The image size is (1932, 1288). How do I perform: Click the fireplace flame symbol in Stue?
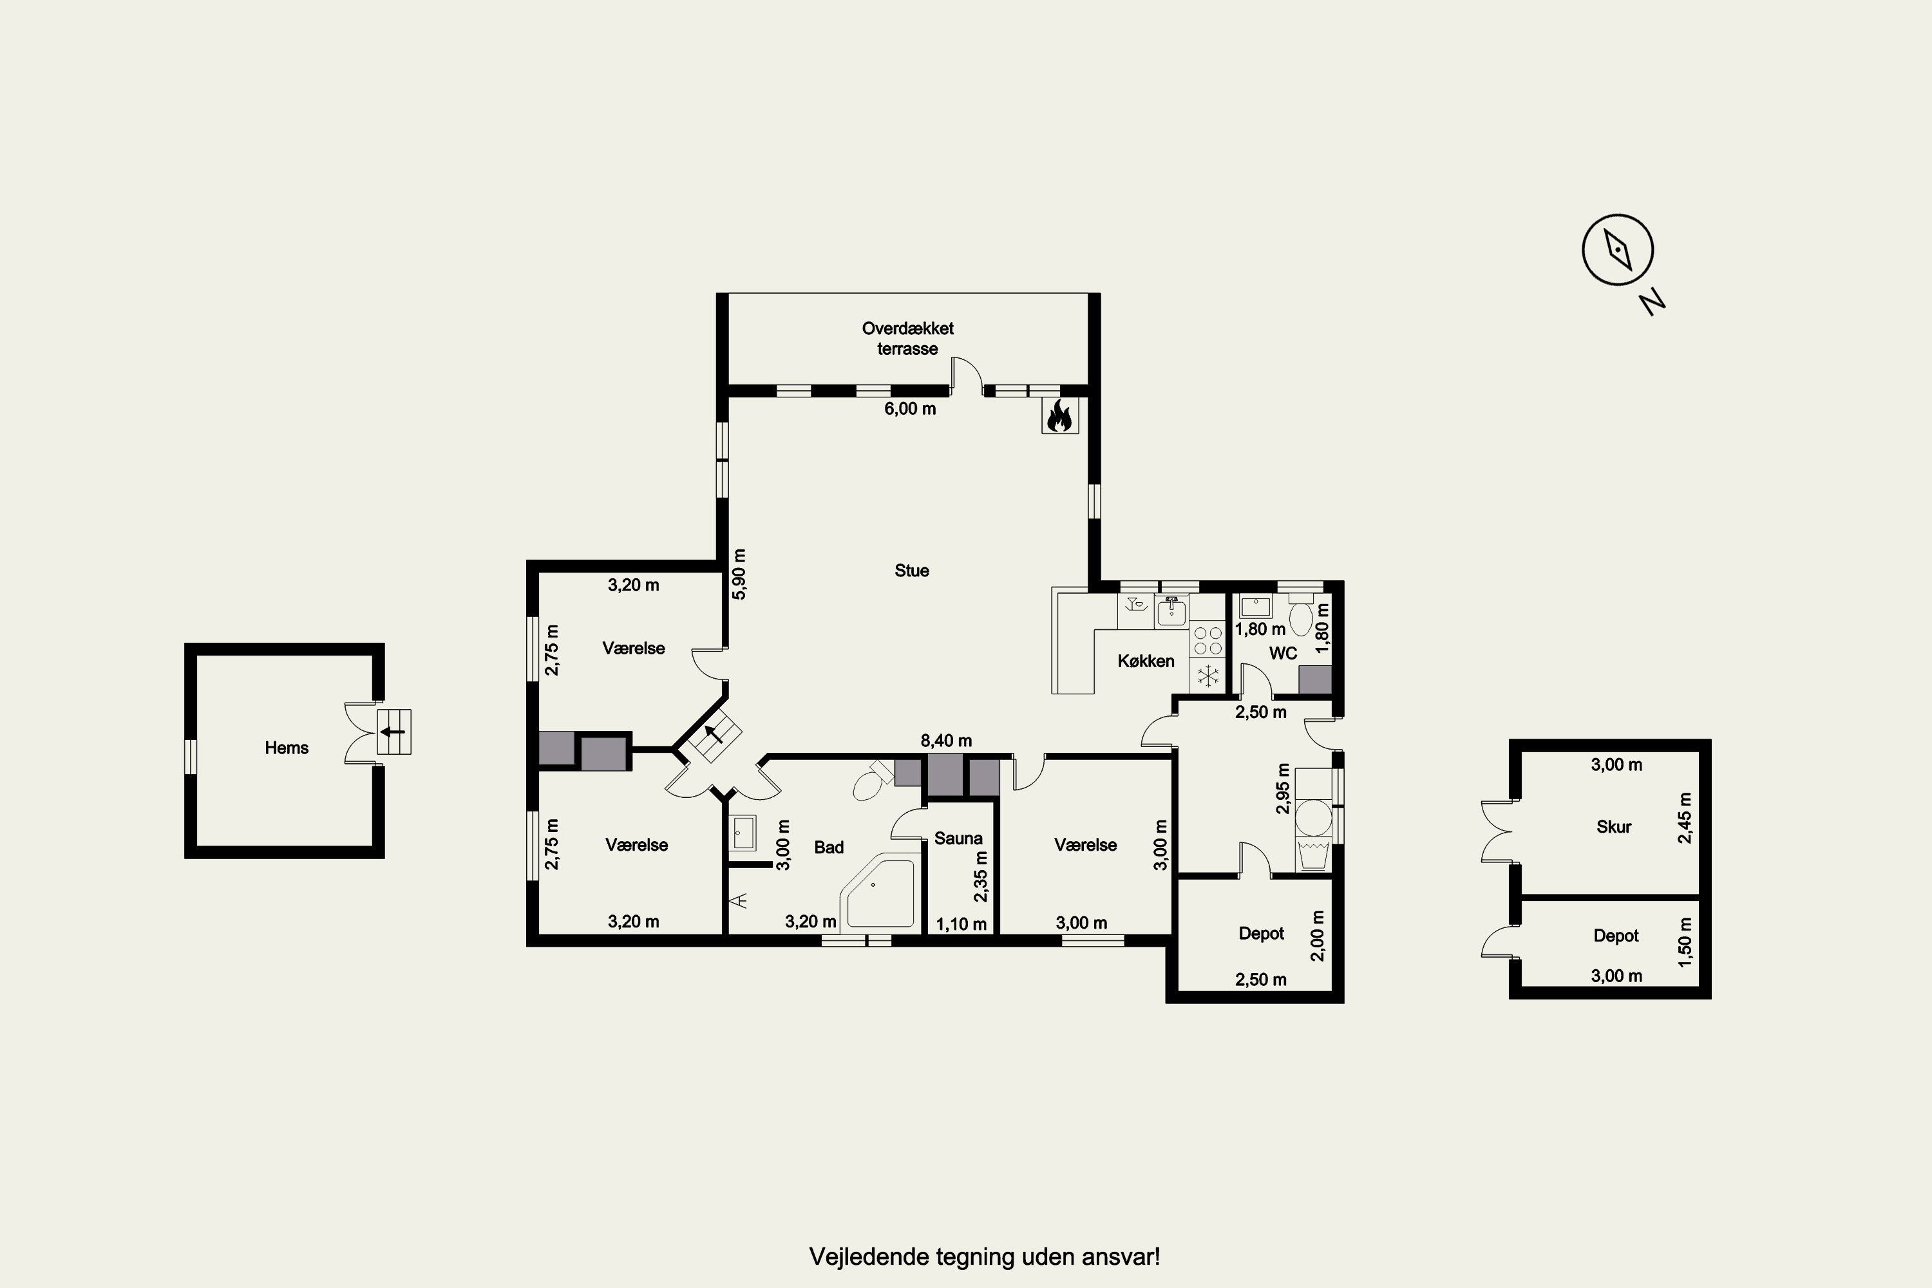1059,415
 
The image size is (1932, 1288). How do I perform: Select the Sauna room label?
958,838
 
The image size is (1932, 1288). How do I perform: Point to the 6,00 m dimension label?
910,409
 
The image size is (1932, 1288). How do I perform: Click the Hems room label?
287,748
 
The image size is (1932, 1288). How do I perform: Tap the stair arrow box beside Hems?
394,731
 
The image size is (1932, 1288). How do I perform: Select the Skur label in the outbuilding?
1613,827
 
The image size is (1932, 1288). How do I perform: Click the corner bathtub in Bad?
877,892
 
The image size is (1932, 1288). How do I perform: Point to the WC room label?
1283,654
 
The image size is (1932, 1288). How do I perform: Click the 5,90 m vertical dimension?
739,574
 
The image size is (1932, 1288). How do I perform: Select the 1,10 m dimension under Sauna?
961,925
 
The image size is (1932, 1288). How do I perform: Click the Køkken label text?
1146,661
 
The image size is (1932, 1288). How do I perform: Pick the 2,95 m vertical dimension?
1283,788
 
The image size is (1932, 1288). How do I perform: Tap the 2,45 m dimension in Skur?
1685,818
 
